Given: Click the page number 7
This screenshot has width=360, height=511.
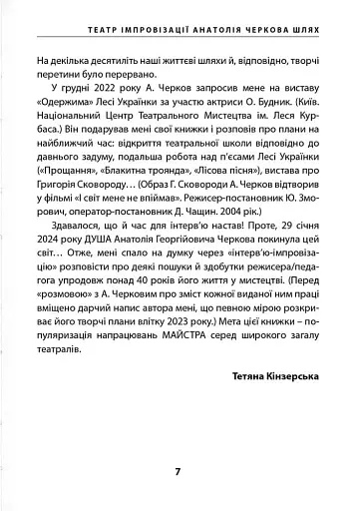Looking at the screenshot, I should coord(178,471).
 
